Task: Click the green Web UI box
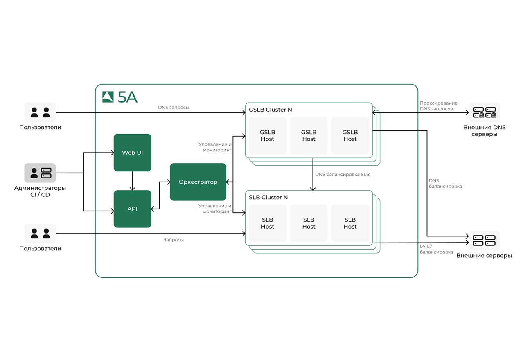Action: coord(132,153)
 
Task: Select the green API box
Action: coord(132,209)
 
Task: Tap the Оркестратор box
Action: coord(198,182)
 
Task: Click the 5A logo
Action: coord(120,97)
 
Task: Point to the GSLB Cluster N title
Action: coord(271,110)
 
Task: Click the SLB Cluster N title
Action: coord(268,197)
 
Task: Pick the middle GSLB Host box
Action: coord(309,136)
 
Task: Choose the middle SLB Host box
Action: coord(309,223)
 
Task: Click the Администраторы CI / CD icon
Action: coord(40,173)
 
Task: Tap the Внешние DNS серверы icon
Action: coord(485,112)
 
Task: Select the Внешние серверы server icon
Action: coord(485,240)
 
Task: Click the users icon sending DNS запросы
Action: coord(40,112)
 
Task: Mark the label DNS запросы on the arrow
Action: coord(174,108)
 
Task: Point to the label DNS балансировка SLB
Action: coord(343,174)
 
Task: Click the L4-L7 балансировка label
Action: coord(436,249)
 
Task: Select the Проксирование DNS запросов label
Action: coord(438,106)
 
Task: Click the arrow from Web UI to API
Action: coord(132,181)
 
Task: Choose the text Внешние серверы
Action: coord(484,256)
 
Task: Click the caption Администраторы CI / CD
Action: coord(40,191)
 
